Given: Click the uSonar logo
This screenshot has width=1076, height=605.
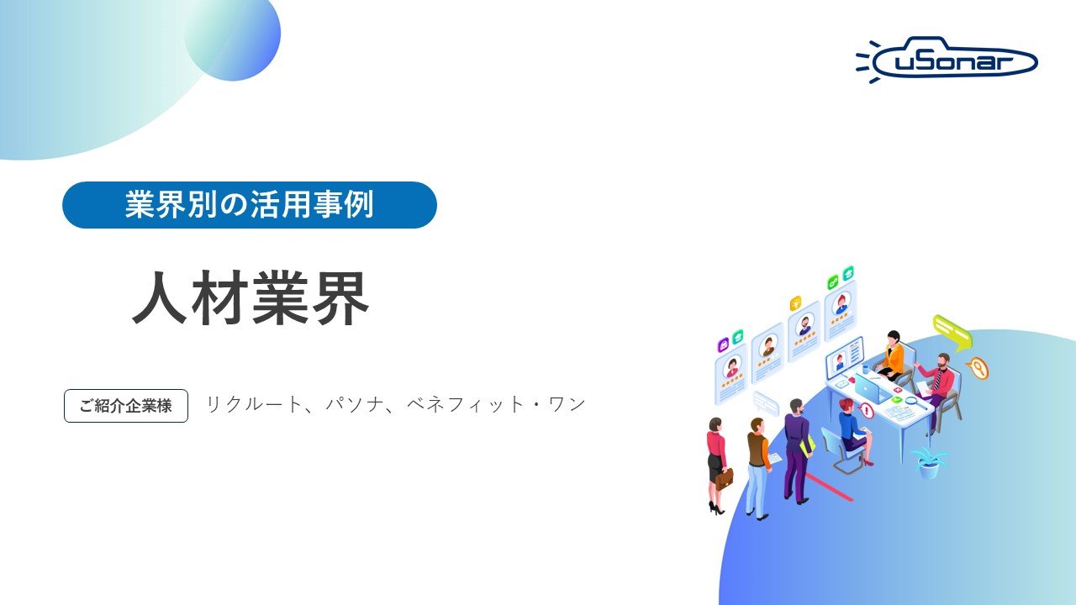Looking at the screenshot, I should click(947, 60).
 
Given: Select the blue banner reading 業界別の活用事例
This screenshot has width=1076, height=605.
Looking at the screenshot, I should click(250, 205).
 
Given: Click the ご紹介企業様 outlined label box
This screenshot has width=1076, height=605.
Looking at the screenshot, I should click(126, 406).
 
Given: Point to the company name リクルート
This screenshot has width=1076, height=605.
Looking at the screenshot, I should click(253, 404).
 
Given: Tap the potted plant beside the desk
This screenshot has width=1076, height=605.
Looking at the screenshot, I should click(928, 462).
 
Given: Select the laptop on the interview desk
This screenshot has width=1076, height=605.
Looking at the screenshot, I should click(868, 389).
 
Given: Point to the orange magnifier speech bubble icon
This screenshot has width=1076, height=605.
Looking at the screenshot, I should click(977, 368).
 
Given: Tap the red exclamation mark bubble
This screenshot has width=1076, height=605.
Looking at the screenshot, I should click(867, 411).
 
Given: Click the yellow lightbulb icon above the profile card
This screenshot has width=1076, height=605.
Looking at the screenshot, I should click(795, 303).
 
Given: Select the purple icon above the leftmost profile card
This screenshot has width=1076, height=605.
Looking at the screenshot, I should click(723, 345).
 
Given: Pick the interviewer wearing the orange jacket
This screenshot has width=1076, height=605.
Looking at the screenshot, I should click(892, 357).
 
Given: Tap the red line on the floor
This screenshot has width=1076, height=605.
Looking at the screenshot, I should click(828, 487).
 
